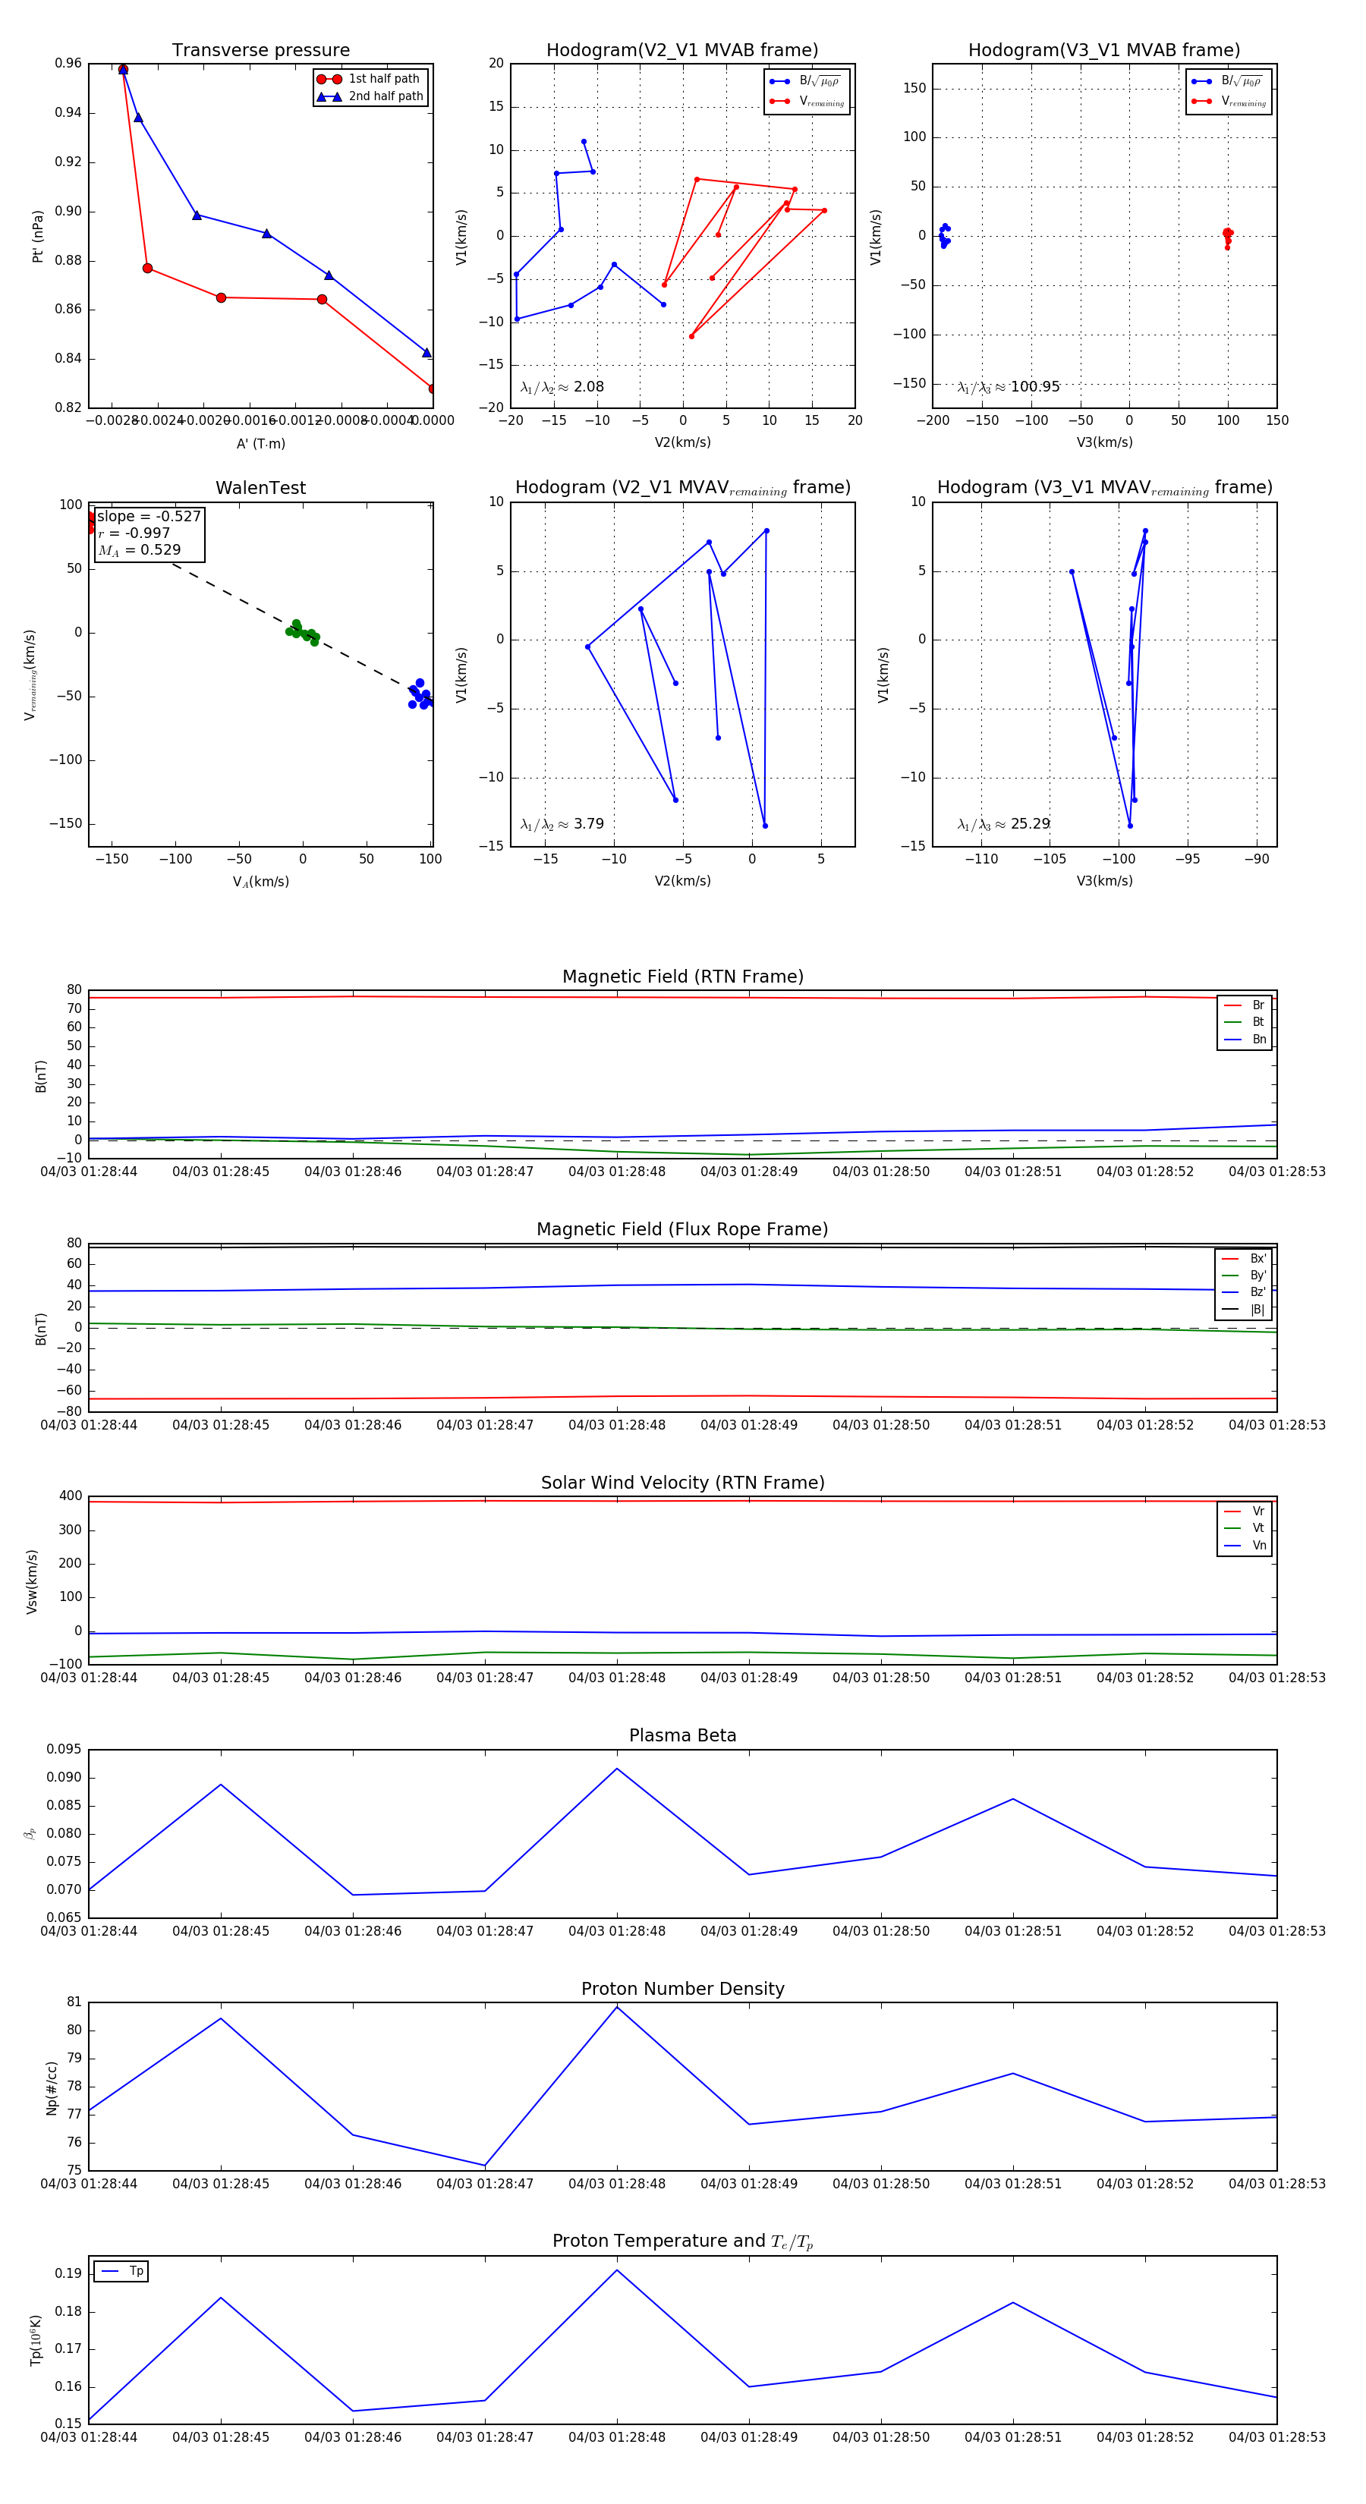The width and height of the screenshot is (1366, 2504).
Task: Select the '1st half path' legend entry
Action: point(383,79)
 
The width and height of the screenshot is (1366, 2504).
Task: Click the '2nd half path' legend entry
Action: point(385,96)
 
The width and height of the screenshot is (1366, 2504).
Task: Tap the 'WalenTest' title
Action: point(260,488)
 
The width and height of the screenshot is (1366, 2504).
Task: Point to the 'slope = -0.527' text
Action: point(149,516)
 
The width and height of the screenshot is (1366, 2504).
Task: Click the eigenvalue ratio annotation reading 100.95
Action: point(1009,387)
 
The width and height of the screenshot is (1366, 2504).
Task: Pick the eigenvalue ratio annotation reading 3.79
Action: point(562,824)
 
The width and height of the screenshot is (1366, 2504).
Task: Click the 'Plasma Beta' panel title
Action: point(682,1735)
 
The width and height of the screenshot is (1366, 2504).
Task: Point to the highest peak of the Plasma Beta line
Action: point(616,1769)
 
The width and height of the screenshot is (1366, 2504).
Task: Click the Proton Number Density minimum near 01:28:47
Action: point(485,2166)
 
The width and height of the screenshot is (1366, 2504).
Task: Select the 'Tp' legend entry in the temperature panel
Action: point(135,2271)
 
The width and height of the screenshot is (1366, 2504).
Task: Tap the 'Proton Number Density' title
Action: point(682,1989)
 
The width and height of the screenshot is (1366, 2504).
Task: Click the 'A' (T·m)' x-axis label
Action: point(260,443)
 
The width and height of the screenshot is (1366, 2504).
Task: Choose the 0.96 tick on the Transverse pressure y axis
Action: point(68,63)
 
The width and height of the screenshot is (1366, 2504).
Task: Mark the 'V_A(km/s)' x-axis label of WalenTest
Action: point(260,882)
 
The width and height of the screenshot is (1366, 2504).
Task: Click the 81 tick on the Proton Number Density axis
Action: point(74,2002)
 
